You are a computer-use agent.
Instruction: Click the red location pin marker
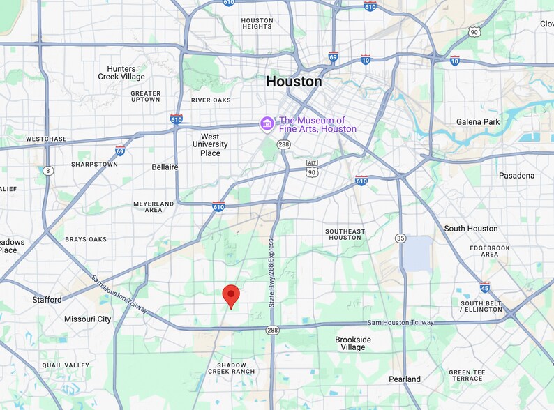click(x=231, y=296)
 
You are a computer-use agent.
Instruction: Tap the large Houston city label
click(x=294, y=82)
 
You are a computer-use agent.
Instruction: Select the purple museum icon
click(x=267, y=124)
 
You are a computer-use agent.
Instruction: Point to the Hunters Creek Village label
click(x=121, y=73)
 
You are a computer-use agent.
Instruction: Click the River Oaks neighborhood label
click(x=211, y=100)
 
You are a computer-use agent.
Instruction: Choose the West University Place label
click(x=210, y=144)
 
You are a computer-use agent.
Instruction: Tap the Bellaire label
click(x=165, y=167)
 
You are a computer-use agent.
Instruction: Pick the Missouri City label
click(x=87, y=319)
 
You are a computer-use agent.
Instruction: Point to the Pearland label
click(x=405, y=379)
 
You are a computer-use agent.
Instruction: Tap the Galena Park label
click(x=478, y=122)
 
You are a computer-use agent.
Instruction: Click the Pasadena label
click(x=516, y=176)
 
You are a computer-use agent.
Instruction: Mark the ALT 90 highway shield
click(x=312, y=167)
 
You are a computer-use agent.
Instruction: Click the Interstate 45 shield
click(x=485, y=287)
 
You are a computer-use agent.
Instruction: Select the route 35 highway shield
click(x=400, y=238)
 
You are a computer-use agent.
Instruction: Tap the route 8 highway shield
click(x=47, y=170)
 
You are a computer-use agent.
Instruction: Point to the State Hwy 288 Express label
click(x=272, y=272)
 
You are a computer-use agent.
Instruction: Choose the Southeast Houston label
click(x=345, y=234)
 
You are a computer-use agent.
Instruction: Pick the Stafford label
click(x=47, y=300)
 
